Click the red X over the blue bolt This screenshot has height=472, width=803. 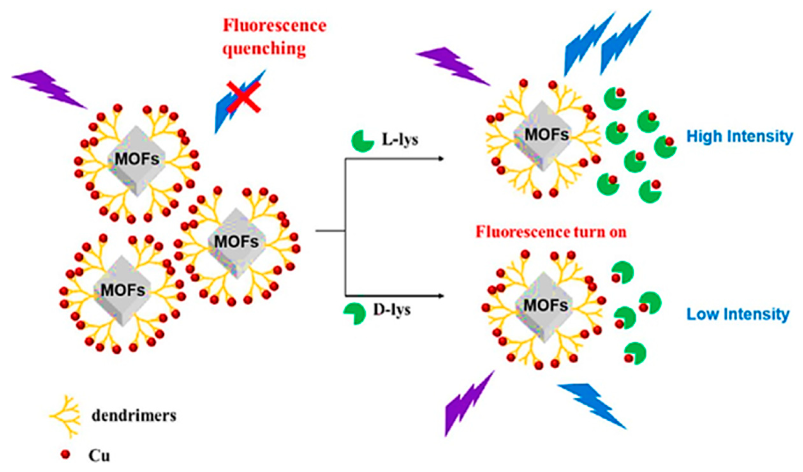244,97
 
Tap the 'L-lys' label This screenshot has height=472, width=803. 400,140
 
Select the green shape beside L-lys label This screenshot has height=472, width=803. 362,141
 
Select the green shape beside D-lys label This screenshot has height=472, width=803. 355,313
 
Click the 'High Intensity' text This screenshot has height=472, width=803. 739,136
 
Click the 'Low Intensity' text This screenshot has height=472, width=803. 738,314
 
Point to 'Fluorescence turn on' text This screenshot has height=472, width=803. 551,232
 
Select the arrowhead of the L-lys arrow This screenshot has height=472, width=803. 441,159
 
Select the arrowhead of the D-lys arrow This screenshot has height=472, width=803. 441,296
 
